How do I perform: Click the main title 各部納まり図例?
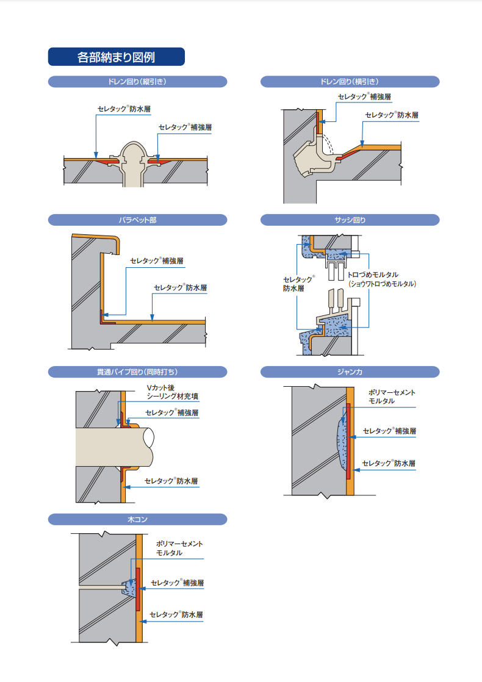pos(116,57)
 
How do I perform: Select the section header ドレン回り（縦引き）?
pos(137,82)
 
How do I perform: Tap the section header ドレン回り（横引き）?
pos(350,82)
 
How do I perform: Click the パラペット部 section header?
pos(137,220)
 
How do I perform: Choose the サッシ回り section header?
pos(350,220)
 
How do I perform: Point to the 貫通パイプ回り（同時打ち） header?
pos(137,372)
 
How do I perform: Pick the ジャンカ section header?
pos(350,372)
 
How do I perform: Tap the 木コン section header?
pos(137,519)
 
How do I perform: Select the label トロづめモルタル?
pos(382,275)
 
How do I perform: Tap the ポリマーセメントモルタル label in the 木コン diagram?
pos(179,548)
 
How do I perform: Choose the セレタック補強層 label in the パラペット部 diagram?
pos(157,260)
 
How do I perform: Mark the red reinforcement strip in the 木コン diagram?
pos(138,589)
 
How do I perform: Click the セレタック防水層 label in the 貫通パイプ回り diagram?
pos(171,481)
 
